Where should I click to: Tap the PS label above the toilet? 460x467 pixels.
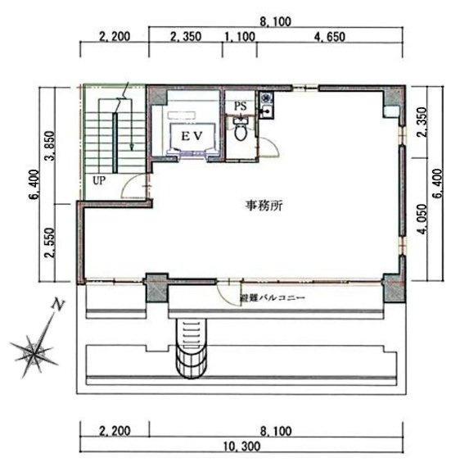[x=240, y=106]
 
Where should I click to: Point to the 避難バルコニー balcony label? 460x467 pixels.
[x=272, y=300]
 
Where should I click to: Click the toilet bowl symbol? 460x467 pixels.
[x=241, y=131]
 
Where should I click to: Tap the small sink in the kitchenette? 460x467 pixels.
[x=267, y=102]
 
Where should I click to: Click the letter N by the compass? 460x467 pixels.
[x=58, y=306]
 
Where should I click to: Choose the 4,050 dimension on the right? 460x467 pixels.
[x=423, y=219]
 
